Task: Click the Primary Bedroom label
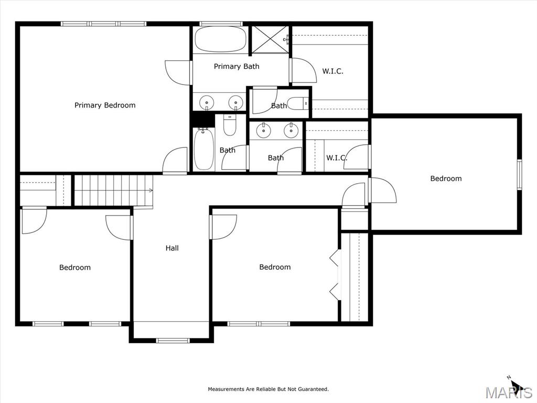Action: (105, 105)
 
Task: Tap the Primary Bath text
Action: (237, 66)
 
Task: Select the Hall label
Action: (172, 248)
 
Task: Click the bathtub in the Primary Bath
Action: (221, 39)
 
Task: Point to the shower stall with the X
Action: (271, 39)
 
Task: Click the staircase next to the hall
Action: (114, 190)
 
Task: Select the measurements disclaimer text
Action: (268, 389)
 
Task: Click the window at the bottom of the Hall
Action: (173, 340)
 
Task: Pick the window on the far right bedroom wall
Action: (520, 174)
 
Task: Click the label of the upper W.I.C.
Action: (332, 71)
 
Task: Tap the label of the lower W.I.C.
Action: (336, 158)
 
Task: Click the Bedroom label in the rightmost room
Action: (446, 178)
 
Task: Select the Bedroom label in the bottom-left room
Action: (75, 267)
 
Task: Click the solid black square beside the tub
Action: (202, 119)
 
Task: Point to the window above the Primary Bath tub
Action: (221, 24)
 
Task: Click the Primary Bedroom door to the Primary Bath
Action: (177, 72)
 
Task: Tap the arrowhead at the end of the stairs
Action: (151, 190)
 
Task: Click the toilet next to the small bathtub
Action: (230, 124)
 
